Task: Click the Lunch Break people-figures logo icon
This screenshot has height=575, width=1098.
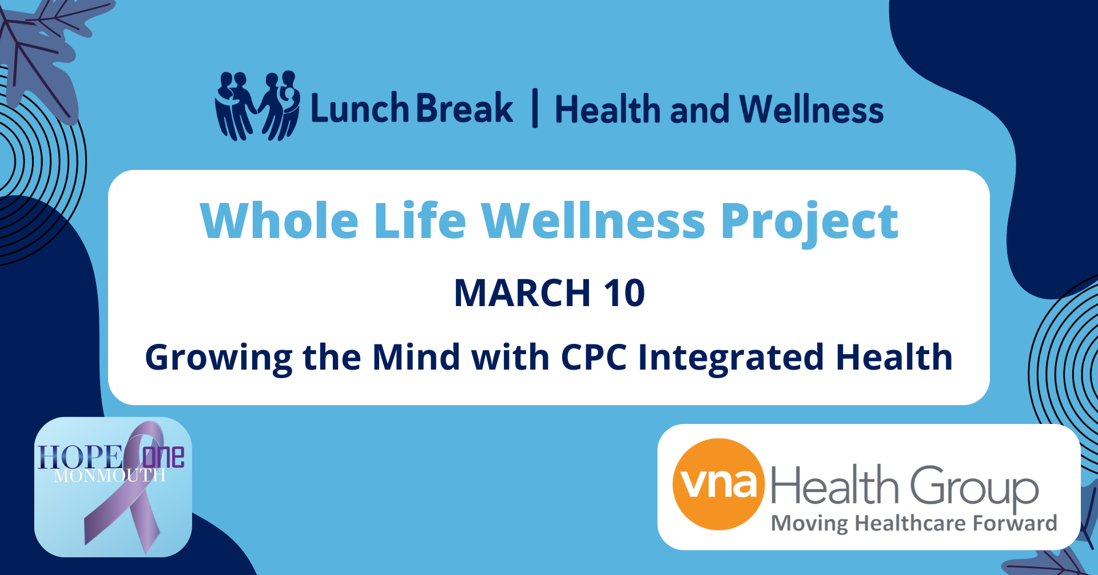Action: pyautogui.click(x=257, y=106)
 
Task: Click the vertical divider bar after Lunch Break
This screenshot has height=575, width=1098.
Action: pyautogui.click(x=535, y=108)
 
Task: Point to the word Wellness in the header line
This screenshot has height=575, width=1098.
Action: pyautogui.click(x=811, y=109)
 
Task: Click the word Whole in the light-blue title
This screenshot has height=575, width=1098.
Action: pyautogui.click(x=280, y=220)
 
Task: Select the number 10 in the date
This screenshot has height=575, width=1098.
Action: pyautogui.click(x=624, y=293)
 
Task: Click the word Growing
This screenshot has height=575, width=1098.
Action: pyautogui.click(x=218, y=358)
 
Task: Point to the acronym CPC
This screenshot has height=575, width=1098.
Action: pyautogui.click(x=594, y=357)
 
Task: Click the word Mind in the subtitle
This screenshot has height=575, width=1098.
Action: pyautogui.click(x=416, y=357)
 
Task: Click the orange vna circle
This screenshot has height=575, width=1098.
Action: pyautogui.click(x=719, y=484)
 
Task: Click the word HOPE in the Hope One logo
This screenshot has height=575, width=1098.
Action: pyautogui.click(x=80, y=458)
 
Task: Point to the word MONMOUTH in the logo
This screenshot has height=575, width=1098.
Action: pyautogui.click(x=110, y=476)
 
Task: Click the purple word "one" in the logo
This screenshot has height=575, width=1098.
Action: pyautogui.click(x=164, y=457)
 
